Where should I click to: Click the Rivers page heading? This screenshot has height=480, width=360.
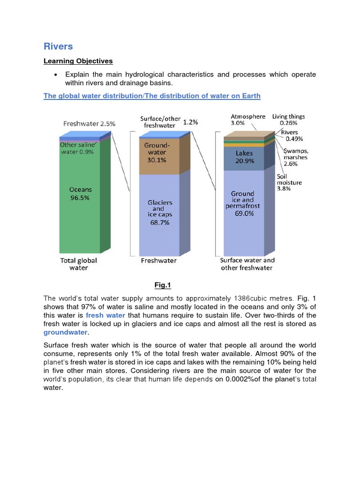[58, 46]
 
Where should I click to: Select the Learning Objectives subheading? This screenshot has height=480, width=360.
[78, 61]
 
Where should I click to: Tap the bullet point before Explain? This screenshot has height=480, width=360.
[56, 75]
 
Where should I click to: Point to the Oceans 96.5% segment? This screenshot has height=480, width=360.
[80, 194]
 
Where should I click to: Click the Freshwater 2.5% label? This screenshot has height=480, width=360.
[89, 124]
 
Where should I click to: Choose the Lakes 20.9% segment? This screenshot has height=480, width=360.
[244, 157]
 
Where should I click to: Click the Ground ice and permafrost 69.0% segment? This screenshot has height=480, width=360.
[242, 203]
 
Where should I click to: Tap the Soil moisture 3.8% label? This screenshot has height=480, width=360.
[290, 182]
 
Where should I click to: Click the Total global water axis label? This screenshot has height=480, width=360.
[78, 264]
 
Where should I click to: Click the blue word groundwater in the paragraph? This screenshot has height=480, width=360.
[65, 332]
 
